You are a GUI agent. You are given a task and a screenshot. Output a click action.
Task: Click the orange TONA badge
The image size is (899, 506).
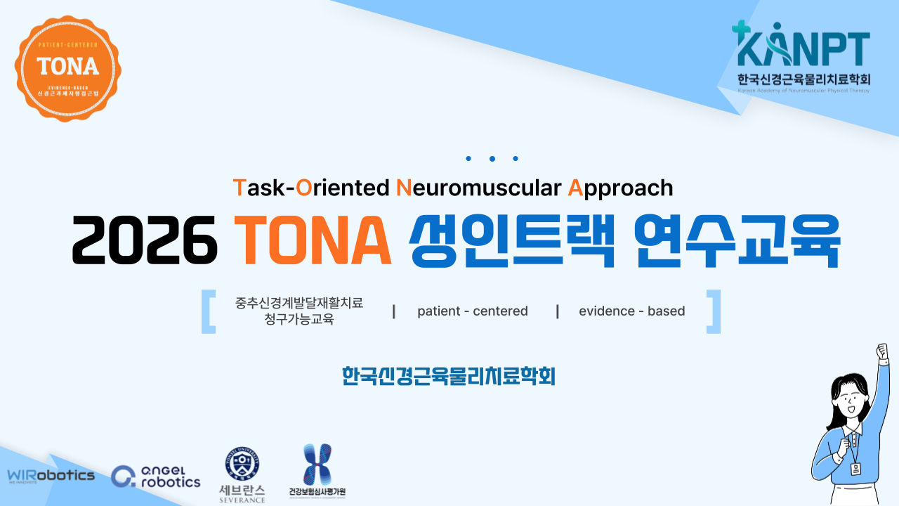click(x=67, y=67)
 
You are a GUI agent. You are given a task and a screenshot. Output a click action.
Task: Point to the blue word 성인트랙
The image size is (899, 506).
click(x=513, y=240)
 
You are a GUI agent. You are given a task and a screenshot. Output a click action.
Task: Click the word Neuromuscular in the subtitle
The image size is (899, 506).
click(x=479, y=188)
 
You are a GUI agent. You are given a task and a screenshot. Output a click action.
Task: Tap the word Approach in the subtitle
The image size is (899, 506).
click(x=620, y=188)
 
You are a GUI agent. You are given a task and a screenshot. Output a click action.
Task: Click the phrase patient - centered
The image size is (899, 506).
click(x=472, y=311)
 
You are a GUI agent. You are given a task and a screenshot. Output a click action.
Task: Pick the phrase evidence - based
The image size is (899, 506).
click(x=631, y=311)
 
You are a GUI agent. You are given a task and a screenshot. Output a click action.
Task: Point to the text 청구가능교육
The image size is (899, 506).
click(x=295, y=320)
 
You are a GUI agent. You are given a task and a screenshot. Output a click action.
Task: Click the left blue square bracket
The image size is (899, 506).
click(x=208, y=311)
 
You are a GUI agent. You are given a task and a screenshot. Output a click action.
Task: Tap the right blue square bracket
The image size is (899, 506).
click(x=714, y=311)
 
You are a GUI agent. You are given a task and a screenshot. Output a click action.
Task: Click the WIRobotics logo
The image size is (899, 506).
click(x=51, y=476)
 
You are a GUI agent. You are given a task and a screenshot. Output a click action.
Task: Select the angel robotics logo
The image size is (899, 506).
click(x=156, y=476)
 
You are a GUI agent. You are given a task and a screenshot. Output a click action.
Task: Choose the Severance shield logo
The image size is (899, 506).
click(x=242, y=464)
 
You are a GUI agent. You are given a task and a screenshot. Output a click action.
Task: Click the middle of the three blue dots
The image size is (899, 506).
click(x=492, y=159)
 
